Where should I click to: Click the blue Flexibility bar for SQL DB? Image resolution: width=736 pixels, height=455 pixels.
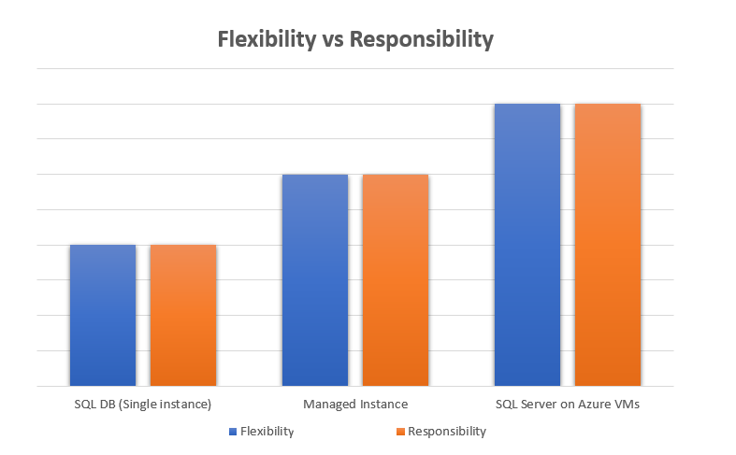pyautogui.click(x=103, y=315)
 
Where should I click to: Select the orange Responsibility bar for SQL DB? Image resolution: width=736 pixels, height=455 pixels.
pyautogui.click(x=183, y=315)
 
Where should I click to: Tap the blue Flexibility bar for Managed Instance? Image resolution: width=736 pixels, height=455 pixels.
pyautogui.click(x=314, y=280)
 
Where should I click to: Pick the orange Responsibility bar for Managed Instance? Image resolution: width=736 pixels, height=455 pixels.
pyautogui.click(x=395, y=280)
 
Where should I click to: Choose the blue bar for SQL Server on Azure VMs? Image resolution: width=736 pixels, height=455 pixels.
pyautogui.click(x=527, y=245)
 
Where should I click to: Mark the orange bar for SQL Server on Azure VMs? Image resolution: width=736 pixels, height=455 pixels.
pyautogui.click(x=607, y=245)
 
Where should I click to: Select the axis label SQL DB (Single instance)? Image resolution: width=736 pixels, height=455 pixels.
pyautogui.click(x=143, y=405)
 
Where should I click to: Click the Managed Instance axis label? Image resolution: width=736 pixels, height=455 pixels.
pyautogui.click(x=355, y=405)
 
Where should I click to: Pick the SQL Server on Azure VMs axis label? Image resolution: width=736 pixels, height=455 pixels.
pyautogui.click(x=567, y=405)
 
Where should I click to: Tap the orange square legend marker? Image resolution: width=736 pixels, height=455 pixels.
pyautogui.click(x=400, y=432)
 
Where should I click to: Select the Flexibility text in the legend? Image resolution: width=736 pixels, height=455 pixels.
pyautogui.click(x=267, y=432)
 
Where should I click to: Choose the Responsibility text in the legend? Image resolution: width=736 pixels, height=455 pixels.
pyautogui.click(x=447, y=432)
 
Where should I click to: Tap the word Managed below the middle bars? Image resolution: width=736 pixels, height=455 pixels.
pyautogui.click(x=330, y=405)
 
